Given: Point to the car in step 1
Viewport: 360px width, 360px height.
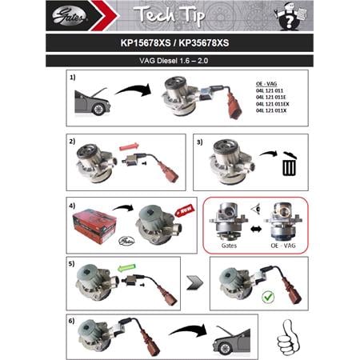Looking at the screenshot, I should click(x=93, y=101).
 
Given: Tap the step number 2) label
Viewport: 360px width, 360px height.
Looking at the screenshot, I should click(x=73, y=142).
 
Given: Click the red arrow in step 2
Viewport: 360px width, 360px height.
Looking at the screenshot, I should click(x=130, y=146).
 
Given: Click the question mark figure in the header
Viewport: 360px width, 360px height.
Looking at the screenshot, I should click(x=286, y=14).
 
